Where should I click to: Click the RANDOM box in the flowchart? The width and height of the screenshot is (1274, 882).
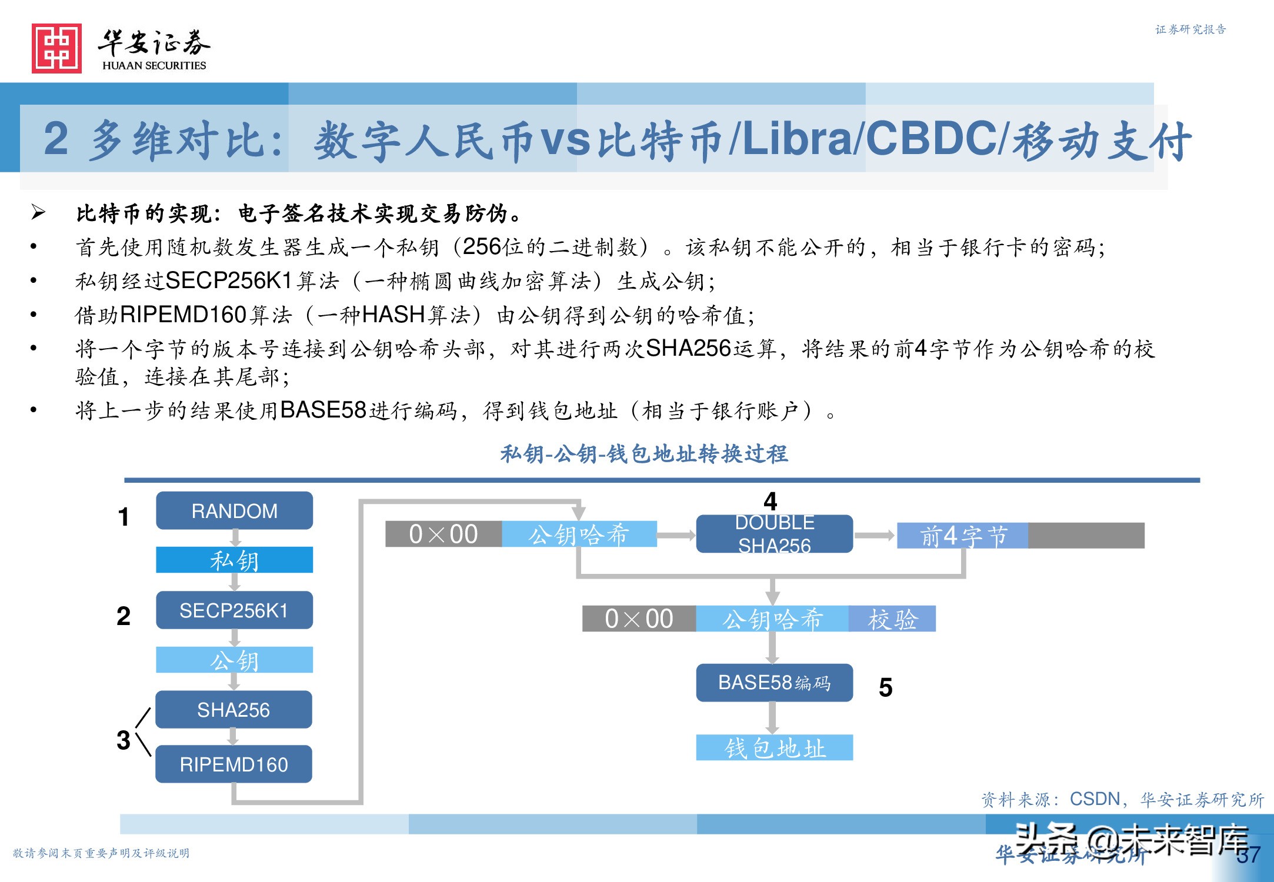click(x=234, y=510)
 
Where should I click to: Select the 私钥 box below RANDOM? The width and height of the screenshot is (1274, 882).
click(x=234, y=560)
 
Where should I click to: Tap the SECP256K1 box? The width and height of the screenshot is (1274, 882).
click(x=234, y=610)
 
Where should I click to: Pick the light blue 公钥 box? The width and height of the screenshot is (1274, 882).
click(x=234, y=660)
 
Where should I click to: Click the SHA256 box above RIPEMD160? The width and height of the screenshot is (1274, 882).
click(x=234, y=710)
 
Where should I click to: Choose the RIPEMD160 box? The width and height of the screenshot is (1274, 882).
click(x=234, y=764)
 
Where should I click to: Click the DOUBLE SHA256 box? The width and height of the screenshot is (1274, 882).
click(x=774, y=534)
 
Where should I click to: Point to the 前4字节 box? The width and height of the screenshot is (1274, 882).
click(x=963, y=536)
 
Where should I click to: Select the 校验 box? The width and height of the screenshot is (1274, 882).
click(x=892, y=619)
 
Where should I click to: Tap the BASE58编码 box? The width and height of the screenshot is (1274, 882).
click(x=774, y=683)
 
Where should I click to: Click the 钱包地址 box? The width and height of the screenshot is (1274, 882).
click(x=774, y=747)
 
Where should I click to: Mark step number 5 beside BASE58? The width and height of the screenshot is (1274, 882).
click(x=885, y=687)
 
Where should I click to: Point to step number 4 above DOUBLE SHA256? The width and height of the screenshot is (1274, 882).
click(x=770, y=502)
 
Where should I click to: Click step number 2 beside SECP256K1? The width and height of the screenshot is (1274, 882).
click(x=124, y=616)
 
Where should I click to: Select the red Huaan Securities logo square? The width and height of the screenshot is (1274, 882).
click(x=56, y=48)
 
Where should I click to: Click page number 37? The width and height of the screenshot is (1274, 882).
click(x=1248, y=854)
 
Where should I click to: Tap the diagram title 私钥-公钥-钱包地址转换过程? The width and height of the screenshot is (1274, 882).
click(x=644, y=454)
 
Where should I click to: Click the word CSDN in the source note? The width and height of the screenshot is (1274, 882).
click(x=1095, y=799)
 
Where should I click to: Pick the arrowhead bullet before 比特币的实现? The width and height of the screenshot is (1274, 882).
click(x=38, y=212)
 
